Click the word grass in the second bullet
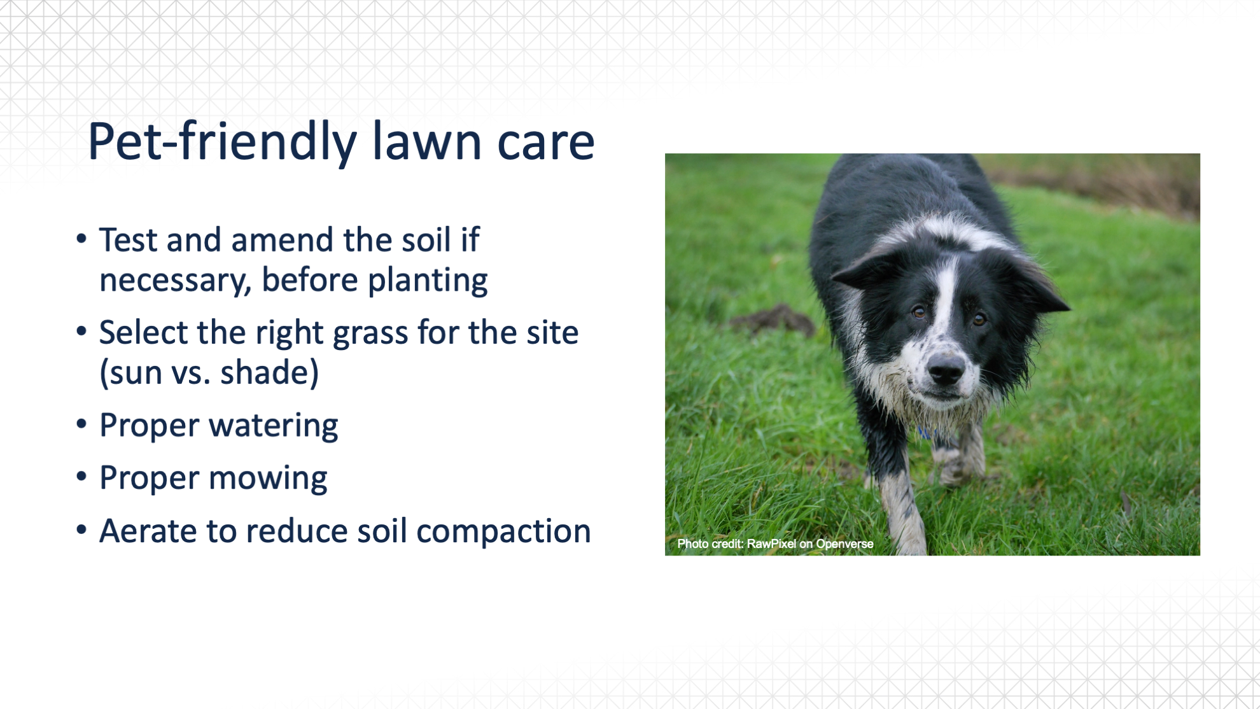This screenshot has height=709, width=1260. pos(370,333)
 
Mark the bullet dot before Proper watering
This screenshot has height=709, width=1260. pos(81,425)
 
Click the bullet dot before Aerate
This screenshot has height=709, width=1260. pos(81,530)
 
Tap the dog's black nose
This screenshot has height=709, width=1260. pos(946,369)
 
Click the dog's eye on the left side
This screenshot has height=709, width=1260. pos(918,312)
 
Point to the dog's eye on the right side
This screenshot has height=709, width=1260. pos(979,318)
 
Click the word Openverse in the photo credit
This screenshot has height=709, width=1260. pos(844,544)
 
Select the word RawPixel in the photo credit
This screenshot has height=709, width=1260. pos(771,544)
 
